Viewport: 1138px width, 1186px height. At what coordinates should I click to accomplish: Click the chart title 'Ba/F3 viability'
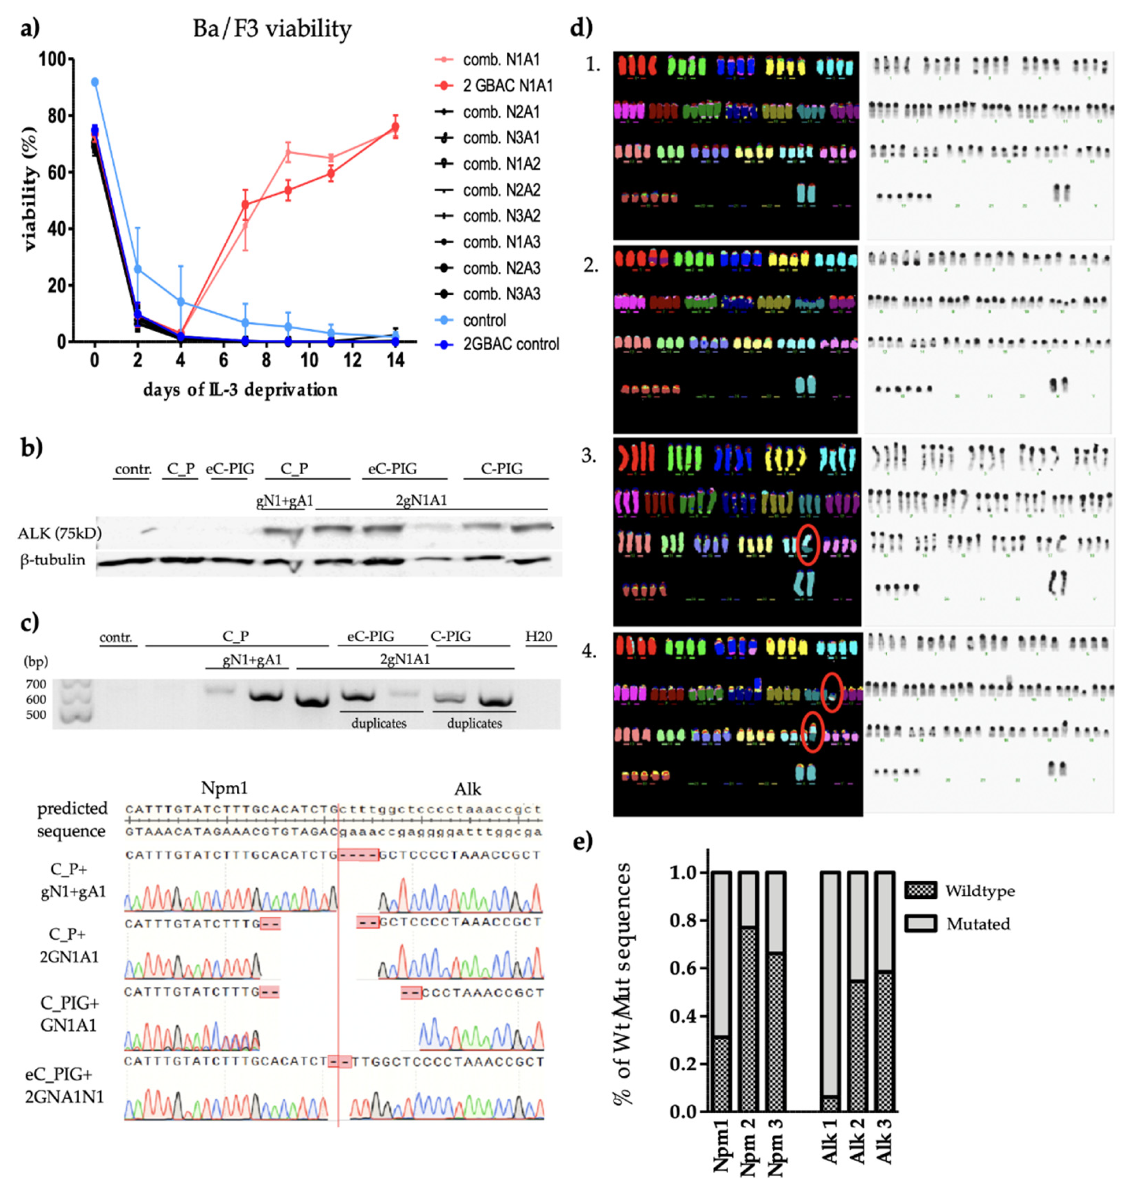click(272, 28)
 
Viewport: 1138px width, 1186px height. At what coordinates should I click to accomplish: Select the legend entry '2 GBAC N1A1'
click(507, 86)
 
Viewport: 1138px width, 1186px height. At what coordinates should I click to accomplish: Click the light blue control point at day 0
click(94, 82)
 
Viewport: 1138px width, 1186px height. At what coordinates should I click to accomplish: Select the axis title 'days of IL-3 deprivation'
click(240, 390)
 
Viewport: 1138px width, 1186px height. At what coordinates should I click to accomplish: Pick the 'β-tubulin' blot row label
click(53, 560)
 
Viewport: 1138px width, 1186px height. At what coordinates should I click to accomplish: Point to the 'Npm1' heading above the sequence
click(225, 788)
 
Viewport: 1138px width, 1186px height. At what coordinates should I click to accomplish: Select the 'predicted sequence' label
click(72, 819)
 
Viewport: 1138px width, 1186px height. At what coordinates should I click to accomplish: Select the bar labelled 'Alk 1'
click(831, 991)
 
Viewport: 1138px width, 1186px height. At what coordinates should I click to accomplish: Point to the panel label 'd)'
click(582, 28)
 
